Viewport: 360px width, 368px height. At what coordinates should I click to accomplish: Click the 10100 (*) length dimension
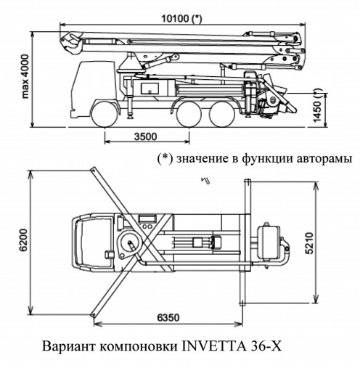181,18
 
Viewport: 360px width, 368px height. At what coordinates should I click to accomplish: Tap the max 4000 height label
25,76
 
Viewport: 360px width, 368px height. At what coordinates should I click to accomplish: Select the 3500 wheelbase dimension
146,136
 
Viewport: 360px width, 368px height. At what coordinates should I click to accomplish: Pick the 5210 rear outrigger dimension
309,243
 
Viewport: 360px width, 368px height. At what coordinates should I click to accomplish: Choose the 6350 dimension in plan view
168,317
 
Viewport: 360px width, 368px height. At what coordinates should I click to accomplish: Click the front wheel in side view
105,114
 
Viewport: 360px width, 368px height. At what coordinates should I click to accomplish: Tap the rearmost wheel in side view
222,114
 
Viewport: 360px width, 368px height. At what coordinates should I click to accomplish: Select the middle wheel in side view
189,114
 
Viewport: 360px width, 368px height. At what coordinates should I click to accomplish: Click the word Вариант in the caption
69,347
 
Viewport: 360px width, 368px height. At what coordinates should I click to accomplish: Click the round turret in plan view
131,244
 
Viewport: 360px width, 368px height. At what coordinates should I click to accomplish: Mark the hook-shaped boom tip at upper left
70,44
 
